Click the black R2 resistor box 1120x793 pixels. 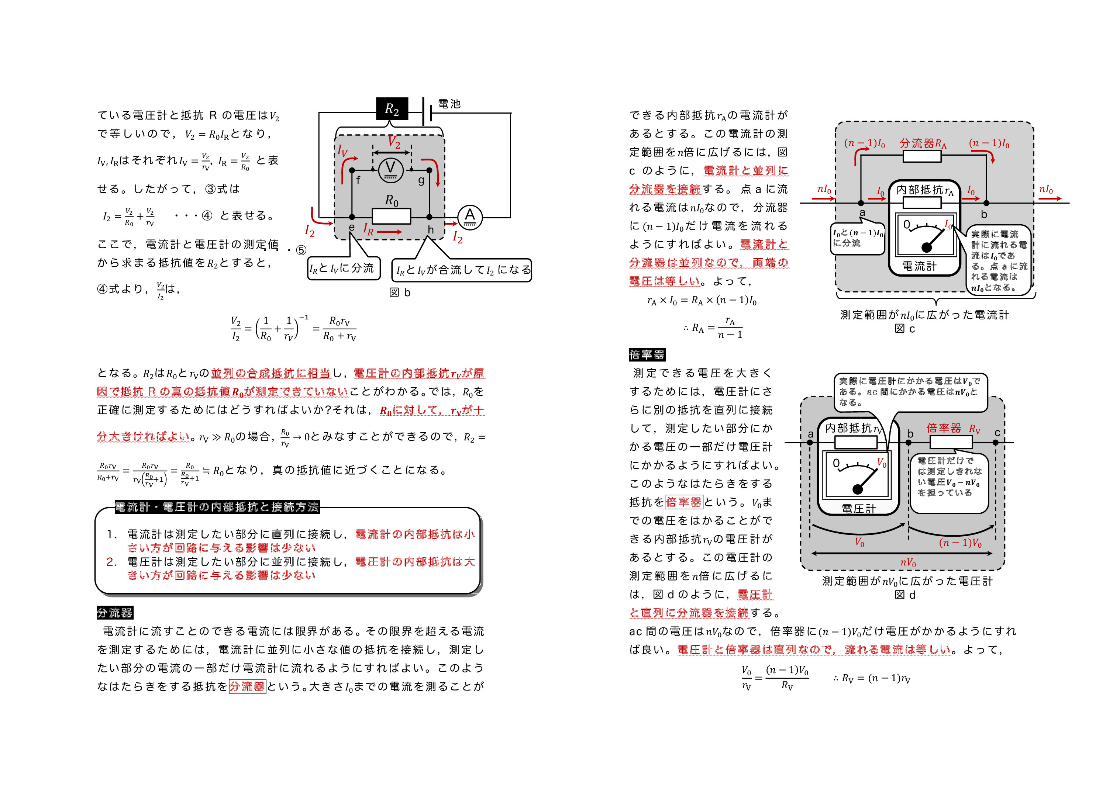392,109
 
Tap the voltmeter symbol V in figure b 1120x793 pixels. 390,169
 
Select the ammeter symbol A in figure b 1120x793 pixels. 469,217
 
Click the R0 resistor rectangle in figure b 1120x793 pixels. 391,216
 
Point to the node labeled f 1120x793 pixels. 352,170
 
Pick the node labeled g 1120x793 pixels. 429,170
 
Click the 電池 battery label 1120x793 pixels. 449,104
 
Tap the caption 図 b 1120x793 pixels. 400,292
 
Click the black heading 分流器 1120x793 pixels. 115,613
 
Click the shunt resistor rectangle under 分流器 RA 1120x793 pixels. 922,156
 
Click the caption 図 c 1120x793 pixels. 904,329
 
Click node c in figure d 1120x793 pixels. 995,442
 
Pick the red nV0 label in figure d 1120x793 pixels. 908,562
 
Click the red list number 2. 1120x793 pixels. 111,562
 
